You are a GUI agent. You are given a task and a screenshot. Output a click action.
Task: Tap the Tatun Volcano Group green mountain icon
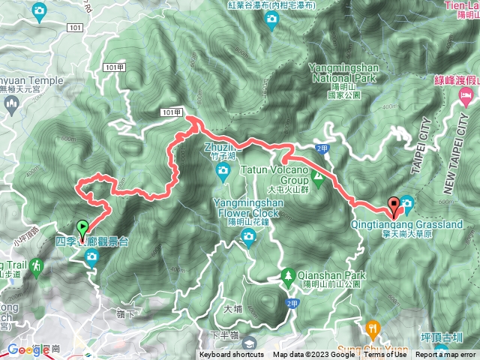tap(317, 180)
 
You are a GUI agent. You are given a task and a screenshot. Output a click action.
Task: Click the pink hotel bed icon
tap(466, 95)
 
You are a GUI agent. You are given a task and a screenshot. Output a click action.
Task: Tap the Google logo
tap(28, 350)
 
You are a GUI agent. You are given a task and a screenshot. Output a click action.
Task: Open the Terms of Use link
tap(384, 355)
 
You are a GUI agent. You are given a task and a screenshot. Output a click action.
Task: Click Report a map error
tap(446, 355)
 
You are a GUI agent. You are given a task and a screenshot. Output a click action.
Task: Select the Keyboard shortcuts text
tap(232, 355)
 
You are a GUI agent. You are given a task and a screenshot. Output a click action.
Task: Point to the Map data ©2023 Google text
tap(313, 355)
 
